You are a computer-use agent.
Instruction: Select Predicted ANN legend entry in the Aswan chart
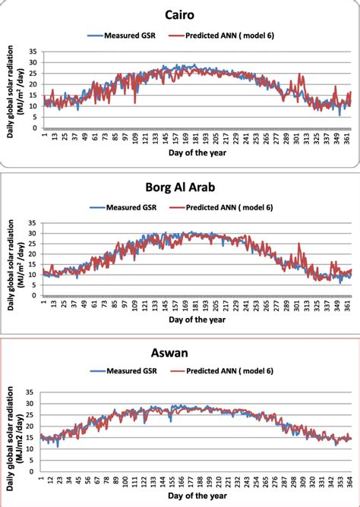click(232, 374)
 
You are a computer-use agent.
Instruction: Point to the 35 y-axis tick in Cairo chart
click(33, 52)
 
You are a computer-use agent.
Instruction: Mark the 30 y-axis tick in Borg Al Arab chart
click(33, 234)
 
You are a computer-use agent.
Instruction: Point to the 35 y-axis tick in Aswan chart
click(33, 393)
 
